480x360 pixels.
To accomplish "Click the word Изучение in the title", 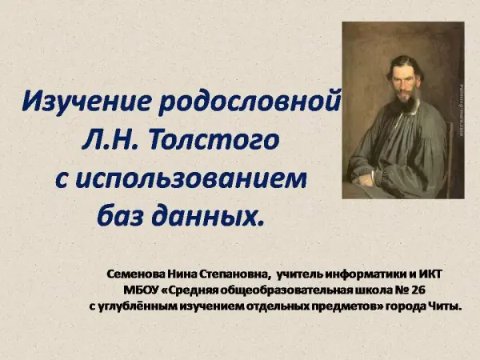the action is click(x=86, y=101).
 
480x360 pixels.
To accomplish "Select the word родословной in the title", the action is click(x=250, y=102).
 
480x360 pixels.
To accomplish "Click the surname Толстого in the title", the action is click(x=214, y=141).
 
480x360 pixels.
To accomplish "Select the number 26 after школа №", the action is click(x=418, y=290).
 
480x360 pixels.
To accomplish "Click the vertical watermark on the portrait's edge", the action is click(x=462, y=110).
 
